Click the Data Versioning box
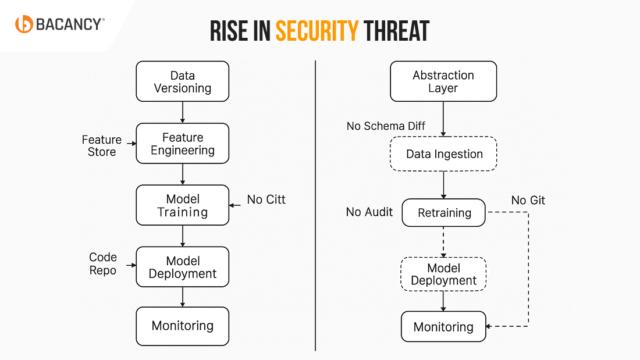click(183, 81)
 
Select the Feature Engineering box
click(183, 143)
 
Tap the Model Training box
click(183, 205)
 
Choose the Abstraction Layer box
click(443, 81)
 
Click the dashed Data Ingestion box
click(444, 154)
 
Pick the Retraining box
click(444, 213)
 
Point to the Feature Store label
click(102, 146)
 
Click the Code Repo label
click(103, 263)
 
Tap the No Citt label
click(266, 199)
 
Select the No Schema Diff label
click(386, 126)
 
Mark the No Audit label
click(369, 212)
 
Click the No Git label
click(528, 201)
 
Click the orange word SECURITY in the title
click(317, 31)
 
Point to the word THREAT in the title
click(396, 31)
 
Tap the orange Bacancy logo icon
click(24, 24)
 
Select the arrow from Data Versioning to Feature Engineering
click(183, 112)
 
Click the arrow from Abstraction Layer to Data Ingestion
click(443, 119)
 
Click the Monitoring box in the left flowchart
click(183, 326)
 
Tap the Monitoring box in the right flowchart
click(443, 327)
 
